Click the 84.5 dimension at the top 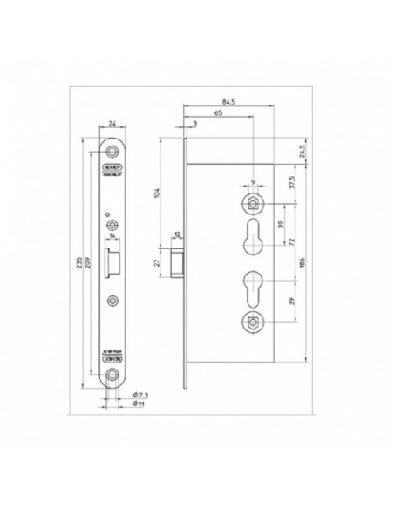coord(229,103)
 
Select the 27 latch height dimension coord(158,261)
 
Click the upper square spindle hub coord(249,203)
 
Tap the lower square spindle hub coord(249,321)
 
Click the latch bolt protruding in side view coord(177,261)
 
